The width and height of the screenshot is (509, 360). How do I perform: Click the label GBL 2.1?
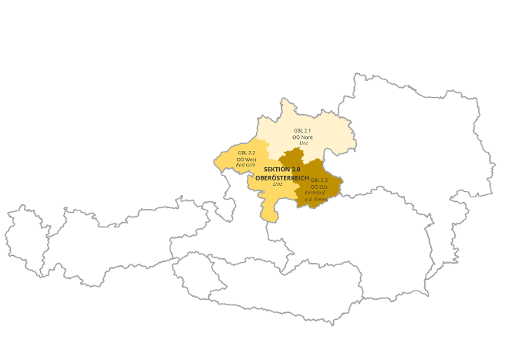click(302, 130)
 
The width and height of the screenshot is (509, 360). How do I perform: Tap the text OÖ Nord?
click(302, 136)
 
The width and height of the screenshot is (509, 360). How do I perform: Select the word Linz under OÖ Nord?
click(303, 143)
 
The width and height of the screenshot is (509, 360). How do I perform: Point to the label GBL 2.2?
click(246, 153)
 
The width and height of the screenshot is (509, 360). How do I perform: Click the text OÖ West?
click(246, 159)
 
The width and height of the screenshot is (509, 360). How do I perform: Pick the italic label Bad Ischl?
click(245, 164)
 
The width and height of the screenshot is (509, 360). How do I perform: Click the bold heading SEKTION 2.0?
click(281, 169)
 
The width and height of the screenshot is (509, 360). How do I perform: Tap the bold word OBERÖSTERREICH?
click(282, 177)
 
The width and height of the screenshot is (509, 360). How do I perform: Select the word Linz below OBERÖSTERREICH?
click(278, 183)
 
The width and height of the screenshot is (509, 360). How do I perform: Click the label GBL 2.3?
click(319, 180)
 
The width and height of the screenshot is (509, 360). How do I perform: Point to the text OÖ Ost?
click(319, 187)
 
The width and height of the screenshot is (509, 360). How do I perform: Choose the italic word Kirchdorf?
click(315, 193)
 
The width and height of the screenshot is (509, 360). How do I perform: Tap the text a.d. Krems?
click(316, 200)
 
